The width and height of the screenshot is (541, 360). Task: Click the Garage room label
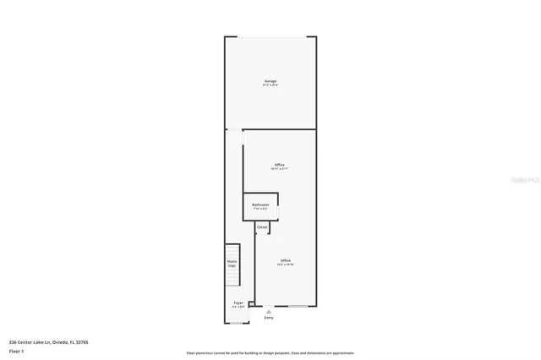(270, 81)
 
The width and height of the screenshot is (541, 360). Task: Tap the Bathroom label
(260, 205)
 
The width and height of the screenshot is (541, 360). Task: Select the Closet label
(262, 227)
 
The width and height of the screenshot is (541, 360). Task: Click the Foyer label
(238, 303)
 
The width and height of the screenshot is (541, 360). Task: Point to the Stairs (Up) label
(232, 264)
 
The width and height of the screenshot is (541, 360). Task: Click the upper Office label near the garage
(279, 164)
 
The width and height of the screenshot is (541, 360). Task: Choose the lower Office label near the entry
(285, 259)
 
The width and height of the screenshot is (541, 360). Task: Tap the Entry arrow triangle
(269, 312)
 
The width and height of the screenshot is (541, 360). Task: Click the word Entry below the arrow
(269, 318)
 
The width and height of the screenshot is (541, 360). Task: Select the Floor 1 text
(16, 349)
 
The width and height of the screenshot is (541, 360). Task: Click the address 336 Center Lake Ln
(48, 341)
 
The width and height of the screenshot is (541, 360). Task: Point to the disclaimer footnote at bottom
(270, 352)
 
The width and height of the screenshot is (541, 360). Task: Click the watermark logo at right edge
(528, 180)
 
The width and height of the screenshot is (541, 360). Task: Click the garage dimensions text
(270, 85)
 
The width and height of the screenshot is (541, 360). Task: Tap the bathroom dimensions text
(260, 209)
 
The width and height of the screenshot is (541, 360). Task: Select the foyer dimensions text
(238, 307)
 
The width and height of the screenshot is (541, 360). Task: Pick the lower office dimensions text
(285, 265)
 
